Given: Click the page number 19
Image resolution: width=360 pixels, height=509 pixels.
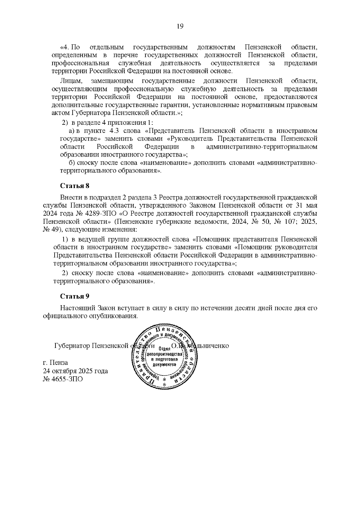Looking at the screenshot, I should coord(180,26).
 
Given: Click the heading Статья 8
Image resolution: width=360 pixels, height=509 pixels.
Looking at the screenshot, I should coord(75,186).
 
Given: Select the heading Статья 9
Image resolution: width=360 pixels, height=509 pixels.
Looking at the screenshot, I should coord(75,296).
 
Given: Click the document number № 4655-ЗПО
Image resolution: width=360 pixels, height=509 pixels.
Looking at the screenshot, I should coord(63,379).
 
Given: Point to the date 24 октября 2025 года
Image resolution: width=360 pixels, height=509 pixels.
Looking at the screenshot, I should coord(75,371).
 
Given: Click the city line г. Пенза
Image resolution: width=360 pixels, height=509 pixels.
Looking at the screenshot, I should coord(55,363).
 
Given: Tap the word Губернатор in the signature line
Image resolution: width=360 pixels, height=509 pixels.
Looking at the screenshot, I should coord(72,346).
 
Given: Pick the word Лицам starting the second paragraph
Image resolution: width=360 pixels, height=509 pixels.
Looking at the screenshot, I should coord(69,81).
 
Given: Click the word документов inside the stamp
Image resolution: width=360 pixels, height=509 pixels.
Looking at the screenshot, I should coord(163,365).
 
